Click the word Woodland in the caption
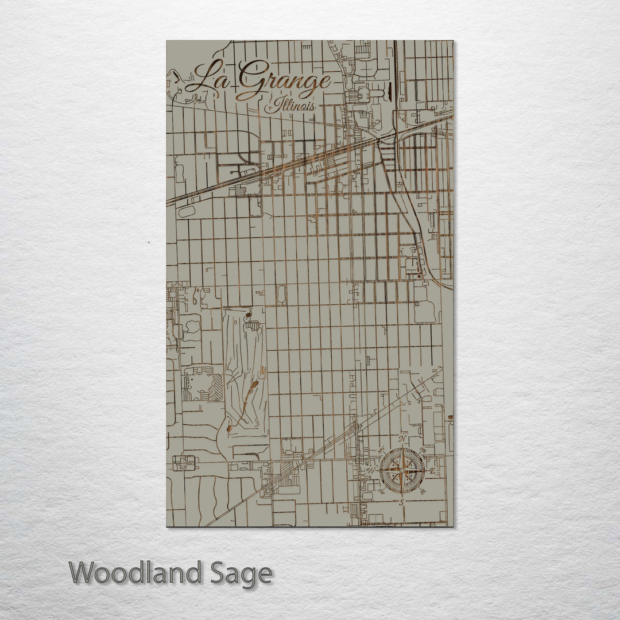(x=136, y=573)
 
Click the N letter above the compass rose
(x=403, y=439)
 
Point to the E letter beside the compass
(x=432, y=471)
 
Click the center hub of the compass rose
(x=402, y=471)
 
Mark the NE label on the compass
(x=423, y=450)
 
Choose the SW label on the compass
(x=382, y=491)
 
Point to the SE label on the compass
(x=423, y=491)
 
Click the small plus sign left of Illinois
(x=268, y=107)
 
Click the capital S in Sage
(x=216, y=573)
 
